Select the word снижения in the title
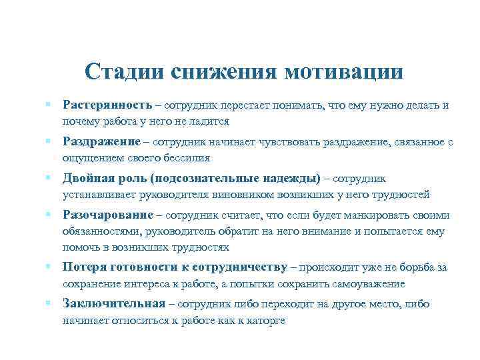(223, 71)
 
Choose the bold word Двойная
(87, 179)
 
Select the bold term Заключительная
(114, 304)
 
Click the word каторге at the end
(265, 320)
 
